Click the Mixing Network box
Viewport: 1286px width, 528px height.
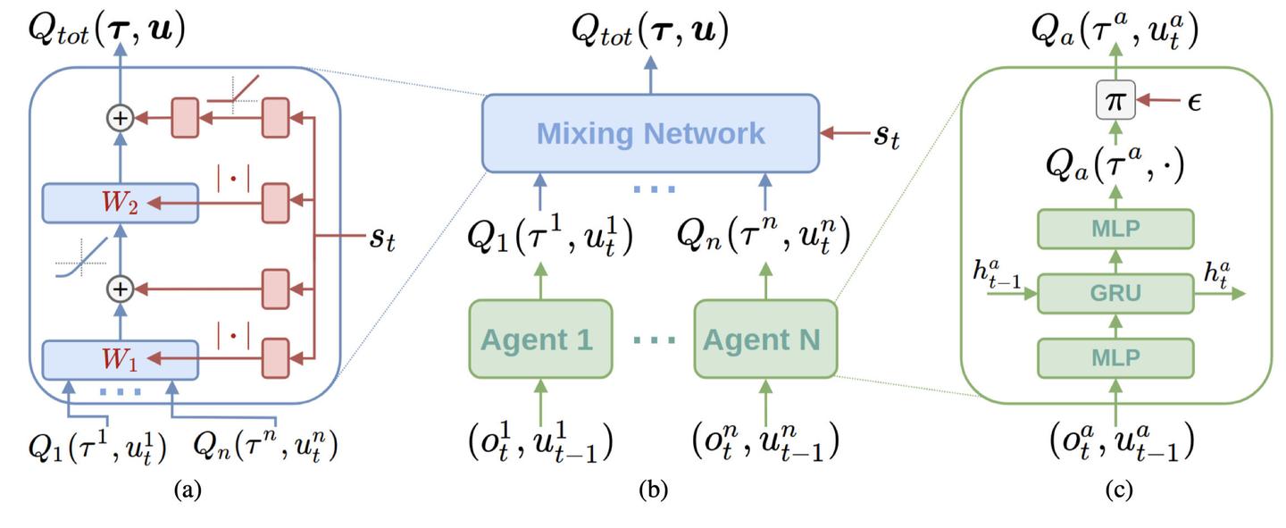pyautogui.click(x=650, y=133)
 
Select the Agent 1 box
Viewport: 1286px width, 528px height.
pyautogui.click(x=540, y=339)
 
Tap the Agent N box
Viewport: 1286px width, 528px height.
pyautogui.click(x=765, y=339)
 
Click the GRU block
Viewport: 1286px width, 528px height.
pyautogui.click(x=1115, y=294)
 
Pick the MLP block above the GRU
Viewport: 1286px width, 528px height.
pyautogui.click(x=1115, y=229)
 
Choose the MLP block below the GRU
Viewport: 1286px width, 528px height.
pyautogui.click(x=1115, y=358)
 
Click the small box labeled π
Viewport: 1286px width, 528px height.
pyautogui.click(x=1115, y=100)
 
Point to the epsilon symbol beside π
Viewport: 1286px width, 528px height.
pyautogui.click(x=1194, y=102)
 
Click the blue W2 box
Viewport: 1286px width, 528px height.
pyautogui.click(x=121, y=203)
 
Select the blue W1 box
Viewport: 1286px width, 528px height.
pyautogui.click(x=121, y=360)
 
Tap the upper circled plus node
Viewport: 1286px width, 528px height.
pyautogui.click(x=120, y=118)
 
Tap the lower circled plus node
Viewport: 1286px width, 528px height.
pyautogui.click(x=120, y=289)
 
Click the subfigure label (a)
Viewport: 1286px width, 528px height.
pyautogui.click(x=188, y=490)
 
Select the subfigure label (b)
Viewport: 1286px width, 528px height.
pyautogui.click(x=654, y=490)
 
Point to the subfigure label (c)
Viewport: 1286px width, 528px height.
pyautogui.click(x=1119, y=490)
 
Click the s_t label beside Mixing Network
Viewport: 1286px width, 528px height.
pyautogui.click(x=887, y=137)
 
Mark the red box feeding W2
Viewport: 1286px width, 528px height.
pyautogui.click(x=276, y=203)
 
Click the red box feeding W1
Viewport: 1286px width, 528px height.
pyautogui.click(x=276, y=358)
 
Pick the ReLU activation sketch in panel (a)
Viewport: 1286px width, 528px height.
pyautogui.click(x=233, y=94)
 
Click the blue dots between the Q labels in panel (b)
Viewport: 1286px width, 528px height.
pyautogui.click(x=654, y=189)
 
